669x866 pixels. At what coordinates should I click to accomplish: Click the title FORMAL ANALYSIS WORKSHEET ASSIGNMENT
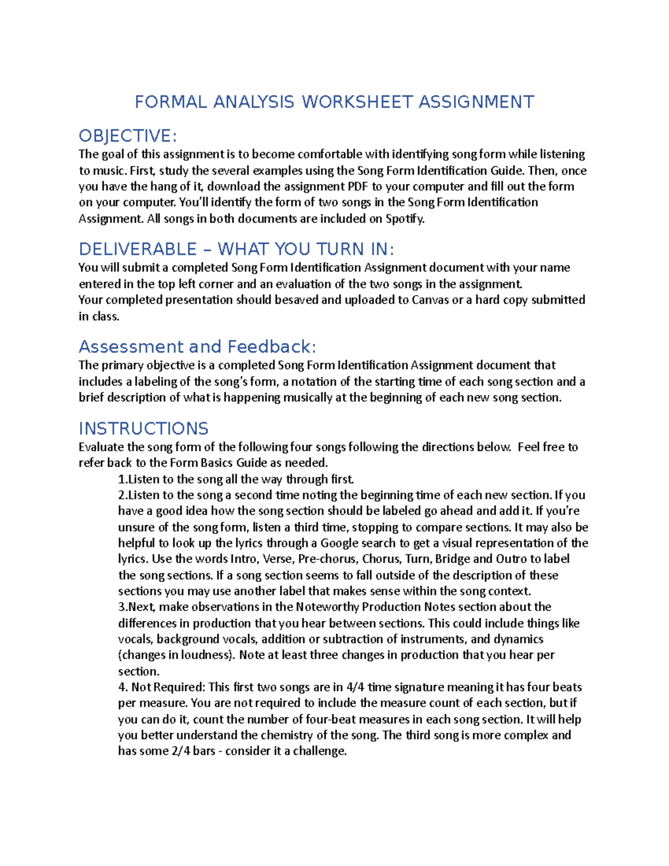[x=334, y=102]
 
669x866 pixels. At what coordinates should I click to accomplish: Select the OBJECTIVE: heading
[x=128, y=136]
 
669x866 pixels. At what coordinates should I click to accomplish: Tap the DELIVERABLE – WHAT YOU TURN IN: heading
[x=236, y=249]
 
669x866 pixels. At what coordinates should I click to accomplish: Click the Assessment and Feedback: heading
[x=197, y=346]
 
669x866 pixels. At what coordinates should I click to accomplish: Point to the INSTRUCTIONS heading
[x=143, y=428]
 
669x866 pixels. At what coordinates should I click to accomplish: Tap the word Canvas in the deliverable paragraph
[x=430, y=300]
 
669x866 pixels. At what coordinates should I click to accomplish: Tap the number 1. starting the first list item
[x=123, y=479]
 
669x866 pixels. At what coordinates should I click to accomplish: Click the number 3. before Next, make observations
[x=123, y=607]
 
